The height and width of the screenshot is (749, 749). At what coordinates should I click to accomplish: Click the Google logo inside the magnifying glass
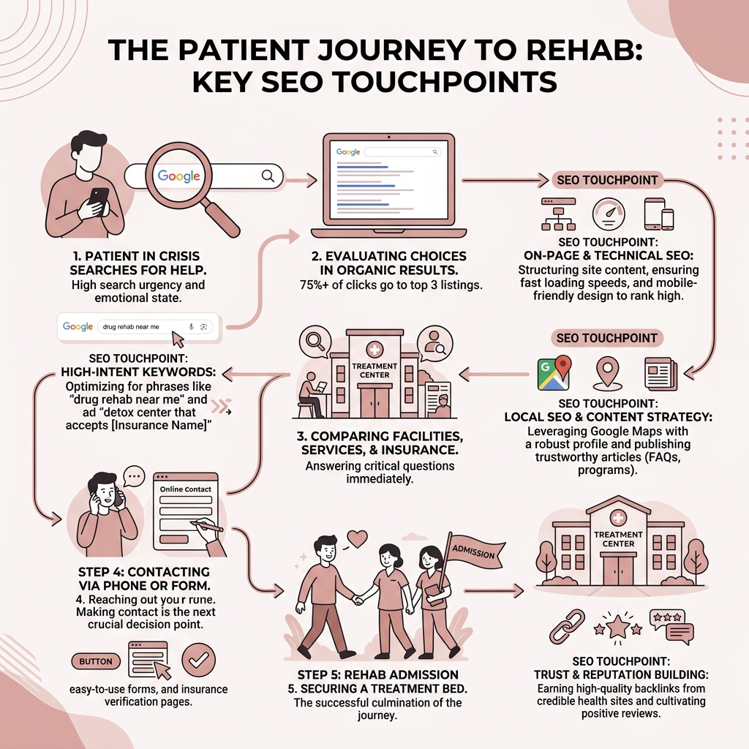(179, 176)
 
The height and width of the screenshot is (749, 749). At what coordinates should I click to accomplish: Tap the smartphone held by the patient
(99, 200)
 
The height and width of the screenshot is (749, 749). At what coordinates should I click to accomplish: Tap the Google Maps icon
(554, 373)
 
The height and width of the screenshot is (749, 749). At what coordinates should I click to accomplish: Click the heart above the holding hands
(356, 538)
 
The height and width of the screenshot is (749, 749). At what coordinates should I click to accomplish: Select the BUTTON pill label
(96, 661)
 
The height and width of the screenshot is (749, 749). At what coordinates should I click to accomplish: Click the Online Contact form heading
(187, 489)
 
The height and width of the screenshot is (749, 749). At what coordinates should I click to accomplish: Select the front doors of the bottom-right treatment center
(618, 570)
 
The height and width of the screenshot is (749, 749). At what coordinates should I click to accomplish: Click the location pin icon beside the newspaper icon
(606, 373)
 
